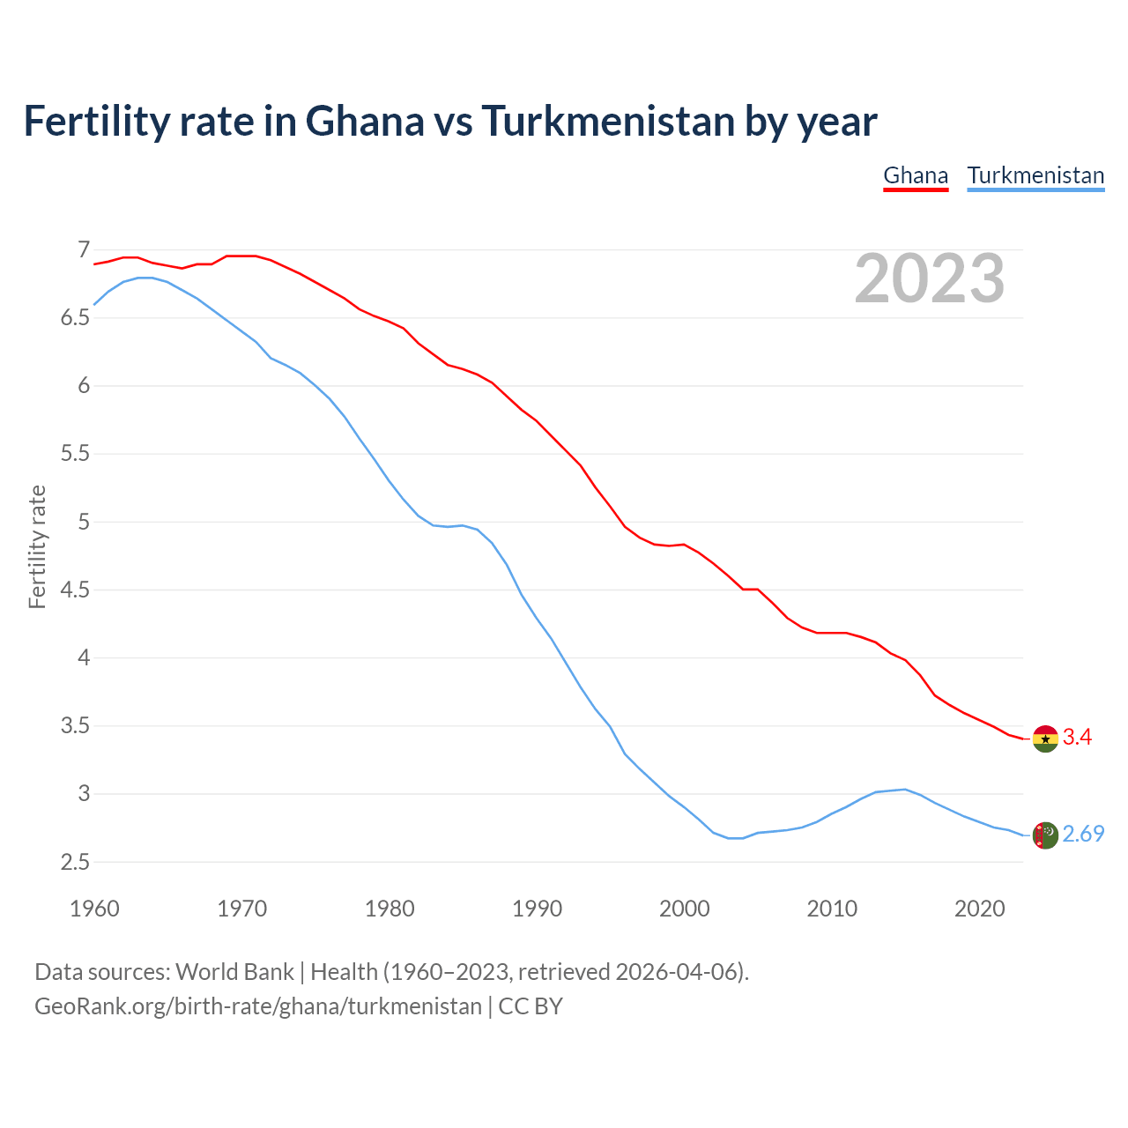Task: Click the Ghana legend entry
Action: click(x=916, y=175)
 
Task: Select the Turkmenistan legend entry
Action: click(x=1035, y=175)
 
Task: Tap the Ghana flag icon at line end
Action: click(x=1045, y=738)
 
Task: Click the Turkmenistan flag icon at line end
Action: click(x=1045, y=835)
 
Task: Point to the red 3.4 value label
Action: click(x=1077, y=738)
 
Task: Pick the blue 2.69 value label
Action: click(x=1083, y=834)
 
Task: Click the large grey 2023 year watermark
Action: click(x=930, y=278)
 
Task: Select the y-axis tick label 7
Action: click(x=84, y=250)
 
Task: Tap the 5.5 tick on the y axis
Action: click(x=76, y=454)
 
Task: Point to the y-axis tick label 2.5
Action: click(x=76, y=862)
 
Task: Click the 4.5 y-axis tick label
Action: click(x=76, y=590)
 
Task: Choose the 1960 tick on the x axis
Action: click(x=94, y=909)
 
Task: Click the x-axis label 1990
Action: click(x=537, y=909)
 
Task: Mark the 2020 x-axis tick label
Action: click(x=979, y=909)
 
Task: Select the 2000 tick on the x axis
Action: click(x=684, y=909)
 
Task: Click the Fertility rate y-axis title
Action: click(x=37, y=546)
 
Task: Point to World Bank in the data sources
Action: click(x=234, y=972)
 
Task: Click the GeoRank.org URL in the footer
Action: click(x=258, y=1006)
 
